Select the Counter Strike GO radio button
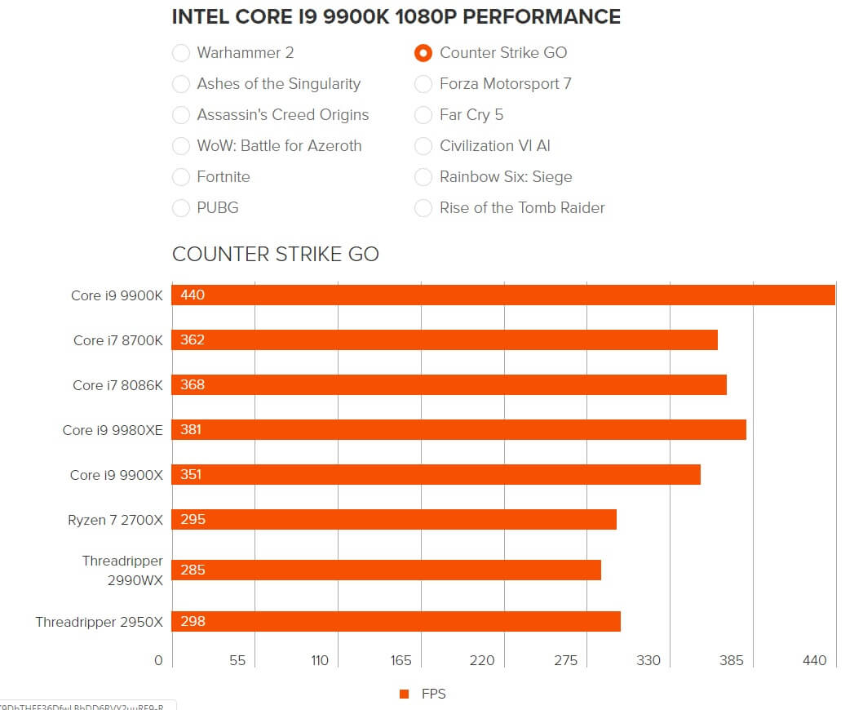(x=423, y=53)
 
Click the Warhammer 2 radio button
(x=181, y=53)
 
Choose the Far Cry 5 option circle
(x=423, y=115)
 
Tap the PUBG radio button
(x=181, y=208)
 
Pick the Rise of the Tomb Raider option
(x=522, y=208)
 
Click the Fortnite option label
(x=223, y=177)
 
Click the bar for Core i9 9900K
(x=503, y=295)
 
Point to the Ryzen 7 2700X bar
(x=394, y=519)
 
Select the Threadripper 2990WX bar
(x=386, y=570)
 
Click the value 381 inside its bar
(x=191, y=429)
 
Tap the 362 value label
(x=193, y=339)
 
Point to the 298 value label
(x=193, y=621)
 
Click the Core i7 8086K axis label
(x=117, y=385)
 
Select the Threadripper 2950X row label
(x=100, y=622)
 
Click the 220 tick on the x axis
(x=482, y=660)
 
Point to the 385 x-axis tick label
(x=732, y=660)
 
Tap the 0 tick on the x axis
(x=159, y=660)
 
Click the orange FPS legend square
(x=404, y=694)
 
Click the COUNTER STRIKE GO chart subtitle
(x=276, y=254)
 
